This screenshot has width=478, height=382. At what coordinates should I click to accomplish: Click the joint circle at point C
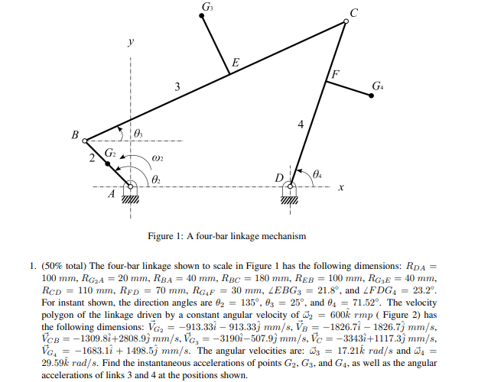pyautogui.click(x=346, y=22)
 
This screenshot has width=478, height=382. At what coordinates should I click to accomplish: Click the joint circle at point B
pyautogui.click(x=85, y=141)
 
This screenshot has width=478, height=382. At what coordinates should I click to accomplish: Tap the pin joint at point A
pyautogui.click(x=129, y=185)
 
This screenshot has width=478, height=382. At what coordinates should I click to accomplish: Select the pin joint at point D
pyautogui.click(x=291, y=185)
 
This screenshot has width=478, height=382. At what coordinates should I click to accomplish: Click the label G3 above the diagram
pyautogui.click(x=206, y=7)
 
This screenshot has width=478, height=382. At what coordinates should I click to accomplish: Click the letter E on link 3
pyautogui.click(x=235, y=62)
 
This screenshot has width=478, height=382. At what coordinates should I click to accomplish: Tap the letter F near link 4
pyautogui.click(x=333, y=74)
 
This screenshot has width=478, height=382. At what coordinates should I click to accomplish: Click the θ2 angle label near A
pyautogui.click(x=157, y=177)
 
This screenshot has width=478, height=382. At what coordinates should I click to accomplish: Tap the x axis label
pyautogui.click(x=341, y=186)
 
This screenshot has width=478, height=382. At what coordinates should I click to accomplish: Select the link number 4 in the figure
pyautogui.click(x=301, y=123)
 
